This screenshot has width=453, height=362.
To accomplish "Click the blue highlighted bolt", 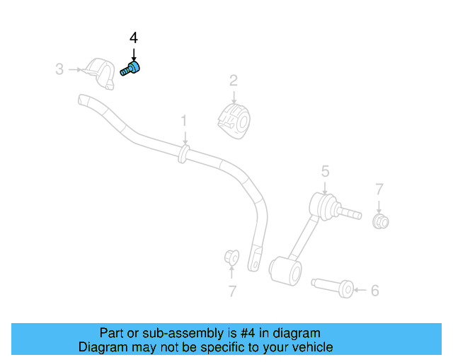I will coord(130,69).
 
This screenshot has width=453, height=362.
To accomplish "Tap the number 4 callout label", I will coord(133,38).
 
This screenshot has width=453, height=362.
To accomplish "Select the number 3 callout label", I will coord(59,69).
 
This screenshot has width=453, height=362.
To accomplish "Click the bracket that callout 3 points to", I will coord(98,73).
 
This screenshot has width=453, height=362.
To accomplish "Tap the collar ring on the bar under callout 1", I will coord(184,153).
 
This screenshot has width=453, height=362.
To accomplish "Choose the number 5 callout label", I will coord(325,170).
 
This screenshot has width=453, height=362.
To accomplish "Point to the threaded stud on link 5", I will coord(350,211).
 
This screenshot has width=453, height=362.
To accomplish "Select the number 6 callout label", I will coord(375,290).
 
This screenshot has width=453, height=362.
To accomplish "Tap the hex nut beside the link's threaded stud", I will coord(380,222).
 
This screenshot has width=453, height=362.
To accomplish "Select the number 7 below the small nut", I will coord(231,291).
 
